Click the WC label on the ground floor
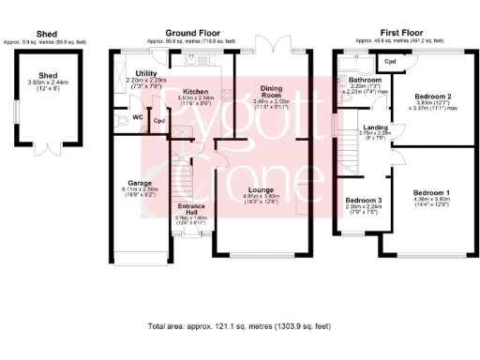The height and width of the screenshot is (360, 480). tap(137, 117)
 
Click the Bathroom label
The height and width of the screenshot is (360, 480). tap(354, 80)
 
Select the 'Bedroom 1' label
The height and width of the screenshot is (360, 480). tap(432, 193)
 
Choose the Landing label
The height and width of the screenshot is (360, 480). tap(375, 127)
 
